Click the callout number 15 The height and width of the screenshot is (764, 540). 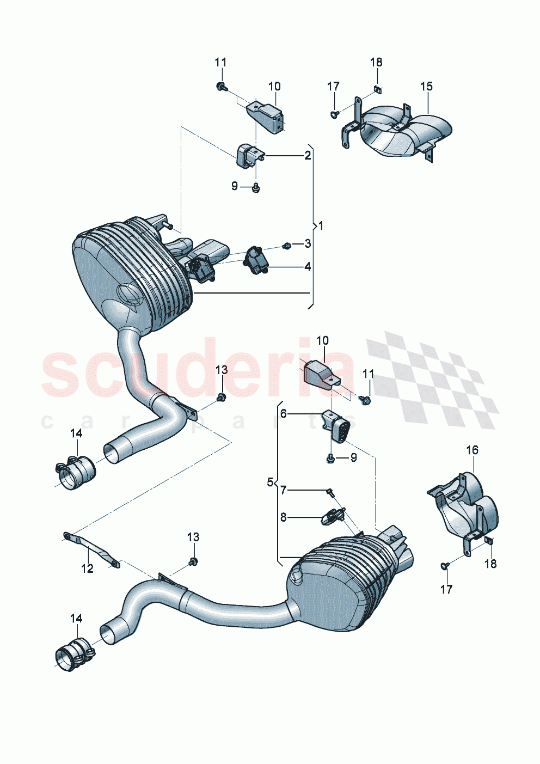point(426,86)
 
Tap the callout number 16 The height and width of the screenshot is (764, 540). point(472,450)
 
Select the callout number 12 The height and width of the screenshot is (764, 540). point(87,569)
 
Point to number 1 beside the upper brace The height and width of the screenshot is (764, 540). point(321,225)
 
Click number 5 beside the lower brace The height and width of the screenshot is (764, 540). point(270,482)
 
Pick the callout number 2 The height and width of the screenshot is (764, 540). point(308,156)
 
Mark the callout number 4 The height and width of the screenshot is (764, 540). point(308,266)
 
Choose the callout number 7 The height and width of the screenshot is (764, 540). point(283,491)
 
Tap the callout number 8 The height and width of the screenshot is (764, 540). point(283,517)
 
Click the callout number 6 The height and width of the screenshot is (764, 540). point(283,414)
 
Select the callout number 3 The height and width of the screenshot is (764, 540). point(308,243)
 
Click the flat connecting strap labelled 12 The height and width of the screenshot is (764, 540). point(91,549)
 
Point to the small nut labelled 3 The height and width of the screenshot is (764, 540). point(288,246)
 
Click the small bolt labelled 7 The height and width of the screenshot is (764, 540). point(330,493)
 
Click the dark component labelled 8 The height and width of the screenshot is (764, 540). point(332,515)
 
